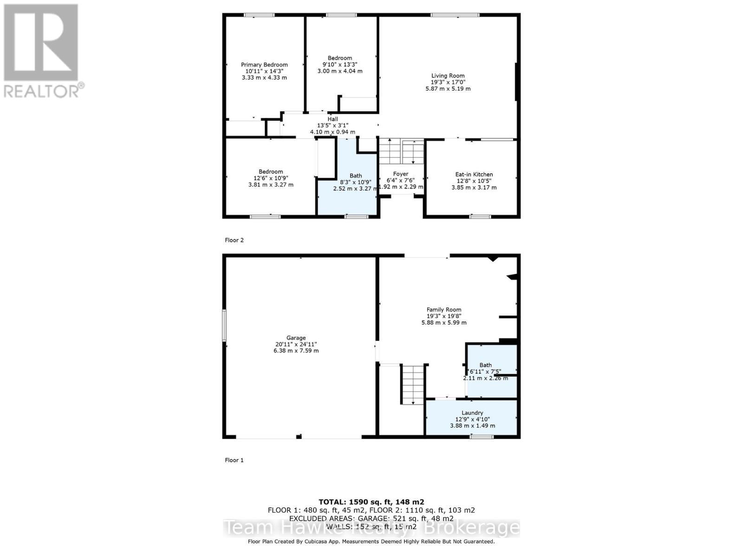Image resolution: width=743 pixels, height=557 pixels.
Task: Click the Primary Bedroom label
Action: pos(264,65)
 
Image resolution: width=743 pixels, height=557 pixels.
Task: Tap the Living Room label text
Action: pos(448,76)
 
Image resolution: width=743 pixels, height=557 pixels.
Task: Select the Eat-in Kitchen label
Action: pos(474,175)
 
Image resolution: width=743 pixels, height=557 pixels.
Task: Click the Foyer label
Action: pos(400,174)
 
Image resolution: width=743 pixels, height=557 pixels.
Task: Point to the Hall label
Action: pos(332,119)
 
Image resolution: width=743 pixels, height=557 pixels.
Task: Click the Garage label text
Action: pos(296,338)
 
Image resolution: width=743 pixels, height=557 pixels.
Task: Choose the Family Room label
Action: pos(444,310)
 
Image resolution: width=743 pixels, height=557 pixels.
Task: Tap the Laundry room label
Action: pos(472,413)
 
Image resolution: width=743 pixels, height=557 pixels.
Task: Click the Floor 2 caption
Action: pos(234,240)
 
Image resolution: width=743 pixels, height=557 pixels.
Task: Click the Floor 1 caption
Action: pos(234,460)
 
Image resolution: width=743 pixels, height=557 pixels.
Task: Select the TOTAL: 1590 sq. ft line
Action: pos(371,502)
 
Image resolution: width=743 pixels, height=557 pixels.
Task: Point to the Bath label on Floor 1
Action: pos(485,365)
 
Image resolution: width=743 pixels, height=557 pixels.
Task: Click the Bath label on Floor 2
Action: pos(356,176)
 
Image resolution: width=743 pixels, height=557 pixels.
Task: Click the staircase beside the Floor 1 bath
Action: pos(413,384)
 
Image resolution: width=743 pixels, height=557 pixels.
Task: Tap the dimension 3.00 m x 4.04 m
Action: pos(339,71)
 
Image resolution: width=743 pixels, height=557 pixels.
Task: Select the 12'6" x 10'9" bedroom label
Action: pos(271,178)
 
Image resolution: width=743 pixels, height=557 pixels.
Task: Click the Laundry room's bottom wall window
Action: pos(482,436)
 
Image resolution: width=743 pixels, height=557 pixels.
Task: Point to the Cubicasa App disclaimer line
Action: pos(371,541)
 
